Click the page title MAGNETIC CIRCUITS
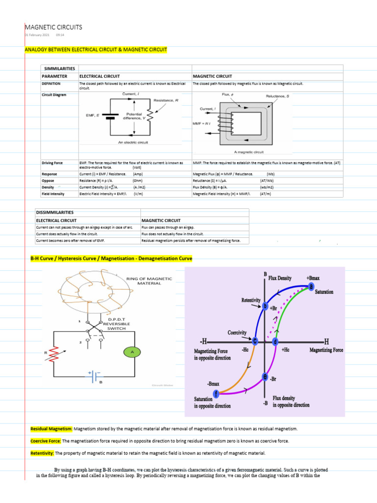(54, 27)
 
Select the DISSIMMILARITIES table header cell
(54, 212)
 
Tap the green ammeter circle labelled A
(132, 351)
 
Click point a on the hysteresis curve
(311, 287)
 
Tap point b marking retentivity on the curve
(265, 306)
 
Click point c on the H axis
(255, 340)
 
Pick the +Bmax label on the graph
(313, 278)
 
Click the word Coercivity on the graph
(237, 333)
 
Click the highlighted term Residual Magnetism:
(52, 429)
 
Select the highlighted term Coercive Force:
(46, 441)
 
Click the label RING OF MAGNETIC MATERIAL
(149, 281)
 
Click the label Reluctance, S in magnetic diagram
(277, 96)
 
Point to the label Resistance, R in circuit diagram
(166, 100)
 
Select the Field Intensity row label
(53, 194)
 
